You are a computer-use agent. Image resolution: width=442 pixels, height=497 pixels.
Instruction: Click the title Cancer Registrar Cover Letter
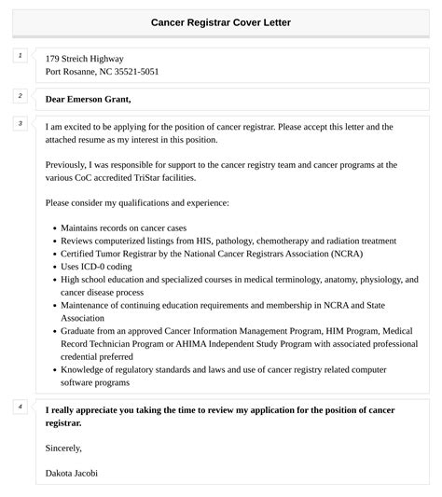[x=220, y=21]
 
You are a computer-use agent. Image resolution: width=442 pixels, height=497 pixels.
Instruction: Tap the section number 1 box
[x=19, y=57]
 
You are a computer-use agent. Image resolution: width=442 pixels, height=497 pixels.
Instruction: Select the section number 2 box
[x=19, y=96]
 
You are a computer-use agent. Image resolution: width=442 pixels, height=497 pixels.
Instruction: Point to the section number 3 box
[x=19, y=124]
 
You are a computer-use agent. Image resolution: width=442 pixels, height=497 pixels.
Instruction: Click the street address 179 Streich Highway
[x=84, y=59]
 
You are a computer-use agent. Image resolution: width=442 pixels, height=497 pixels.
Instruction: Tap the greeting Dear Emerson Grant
[x=88, y=99]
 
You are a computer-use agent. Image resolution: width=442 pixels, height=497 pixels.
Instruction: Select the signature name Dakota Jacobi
[x=71, y=473]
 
